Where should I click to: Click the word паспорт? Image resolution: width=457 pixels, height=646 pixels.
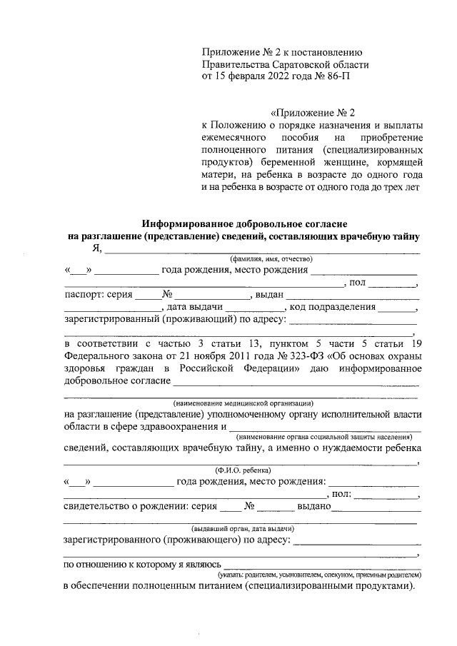[84, 294]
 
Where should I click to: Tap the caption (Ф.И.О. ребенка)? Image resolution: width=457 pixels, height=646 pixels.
[243, 470]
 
